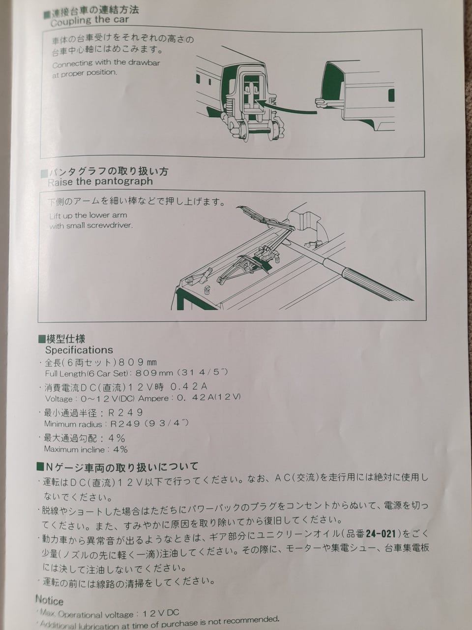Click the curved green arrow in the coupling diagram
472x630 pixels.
[x=286, y=107]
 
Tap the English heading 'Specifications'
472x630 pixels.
[x=79, y=350]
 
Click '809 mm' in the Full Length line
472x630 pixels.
[x=154, y=373]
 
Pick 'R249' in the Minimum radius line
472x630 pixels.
[x=125, y=424]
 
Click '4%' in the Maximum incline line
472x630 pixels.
[x=120, y=449]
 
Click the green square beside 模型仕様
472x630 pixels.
[x=42, y=339]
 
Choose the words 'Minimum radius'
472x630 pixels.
[x=73, y=424]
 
